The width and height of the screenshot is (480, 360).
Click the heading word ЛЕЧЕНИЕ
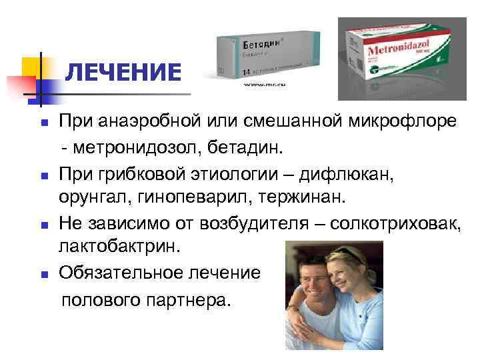124,73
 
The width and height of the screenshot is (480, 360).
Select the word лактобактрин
119,247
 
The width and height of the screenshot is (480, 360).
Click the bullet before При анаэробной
43,122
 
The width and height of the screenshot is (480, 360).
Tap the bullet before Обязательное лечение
43,274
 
